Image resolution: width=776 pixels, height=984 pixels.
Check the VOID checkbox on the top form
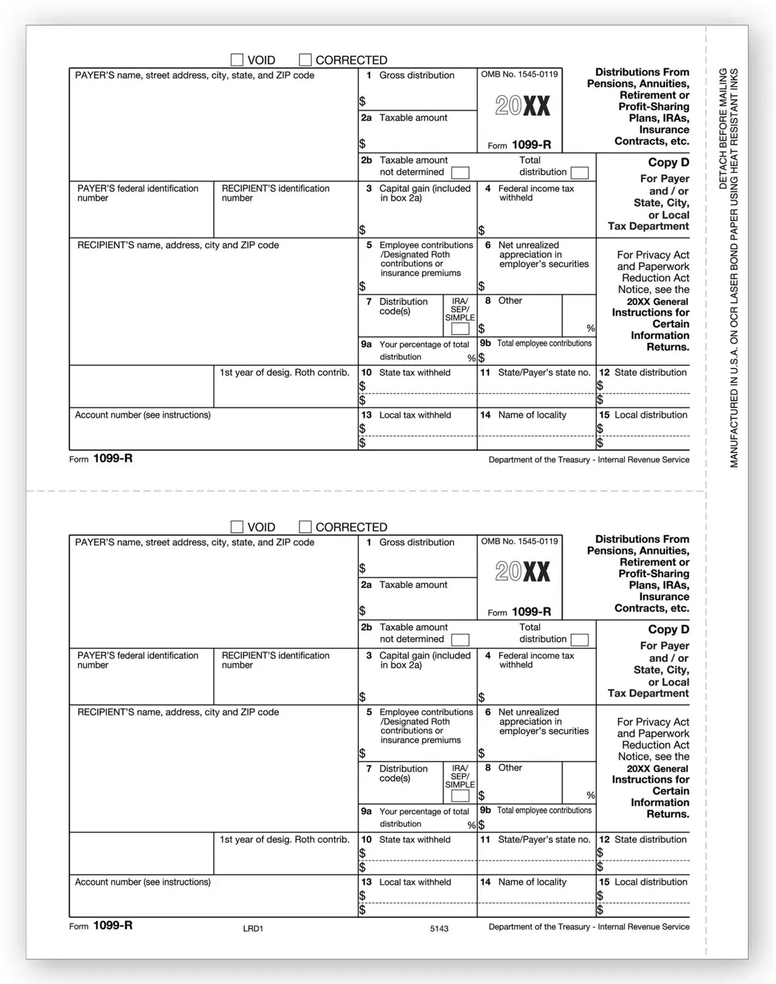click(x=237, y=60)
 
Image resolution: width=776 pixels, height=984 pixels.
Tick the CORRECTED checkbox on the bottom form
click(x=305, y=527)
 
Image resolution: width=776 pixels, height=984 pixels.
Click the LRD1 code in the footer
click(x=253, y=928)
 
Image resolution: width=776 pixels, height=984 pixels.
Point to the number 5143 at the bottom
click(x=439, y=928)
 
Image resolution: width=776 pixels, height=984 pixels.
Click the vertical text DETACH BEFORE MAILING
click(x=723, y=129)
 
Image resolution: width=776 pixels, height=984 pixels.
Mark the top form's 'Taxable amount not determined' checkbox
click(x=460, y=173)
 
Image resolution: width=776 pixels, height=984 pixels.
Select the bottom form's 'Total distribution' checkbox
click(x=579, y=640)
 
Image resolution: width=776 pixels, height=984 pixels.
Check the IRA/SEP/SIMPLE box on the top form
click(x=460, y=329)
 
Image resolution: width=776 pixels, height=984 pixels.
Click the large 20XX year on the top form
click(x=522, y=106)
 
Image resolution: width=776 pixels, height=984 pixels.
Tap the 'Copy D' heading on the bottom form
click(x=668, y=629)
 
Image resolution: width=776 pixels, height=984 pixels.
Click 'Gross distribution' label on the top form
click(x=416, y=75)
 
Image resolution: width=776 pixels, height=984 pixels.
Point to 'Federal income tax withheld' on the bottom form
click(x=535, y=660)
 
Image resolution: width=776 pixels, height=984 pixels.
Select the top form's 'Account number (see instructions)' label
click(x=142, y=415)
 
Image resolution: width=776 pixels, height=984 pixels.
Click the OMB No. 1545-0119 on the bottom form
click(x=519, y=541)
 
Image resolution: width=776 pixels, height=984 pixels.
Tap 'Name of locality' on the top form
click(x=532, y=415)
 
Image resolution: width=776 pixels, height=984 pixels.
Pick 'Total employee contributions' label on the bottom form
click(x=544, y=811)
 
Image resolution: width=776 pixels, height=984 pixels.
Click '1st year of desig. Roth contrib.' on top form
click(x=284, y=373)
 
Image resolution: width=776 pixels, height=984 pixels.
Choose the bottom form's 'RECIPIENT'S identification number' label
click(x=275, y=660)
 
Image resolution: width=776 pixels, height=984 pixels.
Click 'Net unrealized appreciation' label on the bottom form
click(x=543, y=722)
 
